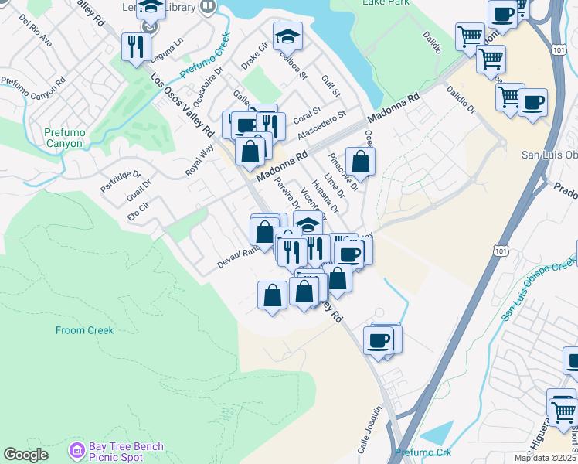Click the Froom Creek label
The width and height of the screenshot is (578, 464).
84,330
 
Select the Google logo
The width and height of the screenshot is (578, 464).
25,455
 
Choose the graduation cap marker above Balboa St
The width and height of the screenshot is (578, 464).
287,36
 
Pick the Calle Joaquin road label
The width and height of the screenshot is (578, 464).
369,424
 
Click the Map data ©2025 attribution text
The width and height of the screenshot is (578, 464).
546,458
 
